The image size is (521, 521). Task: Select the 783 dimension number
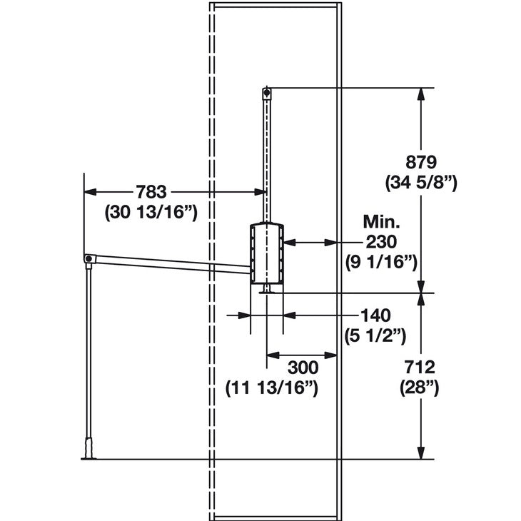[151, 191]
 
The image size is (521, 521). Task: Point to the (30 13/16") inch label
[151, 212]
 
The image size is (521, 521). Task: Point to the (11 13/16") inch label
[271, 388]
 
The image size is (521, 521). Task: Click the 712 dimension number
[420, 367]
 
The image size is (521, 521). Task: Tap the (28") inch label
[420, 388]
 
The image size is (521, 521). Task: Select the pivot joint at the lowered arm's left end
[87, 258]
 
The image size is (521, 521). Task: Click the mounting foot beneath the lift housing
[267, 289]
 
